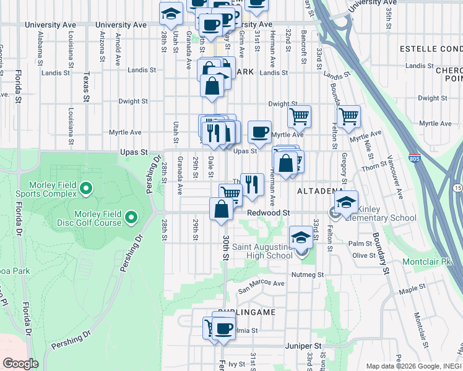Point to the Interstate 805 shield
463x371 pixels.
point(414,159)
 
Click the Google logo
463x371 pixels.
point(20,364)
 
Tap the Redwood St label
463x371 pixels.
point(269,213)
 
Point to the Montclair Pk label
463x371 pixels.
point(428,262)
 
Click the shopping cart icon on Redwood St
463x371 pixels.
point(230,194)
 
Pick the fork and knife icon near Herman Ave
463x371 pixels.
point(252,184)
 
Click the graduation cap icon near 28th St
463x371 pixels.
point(171,14)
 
